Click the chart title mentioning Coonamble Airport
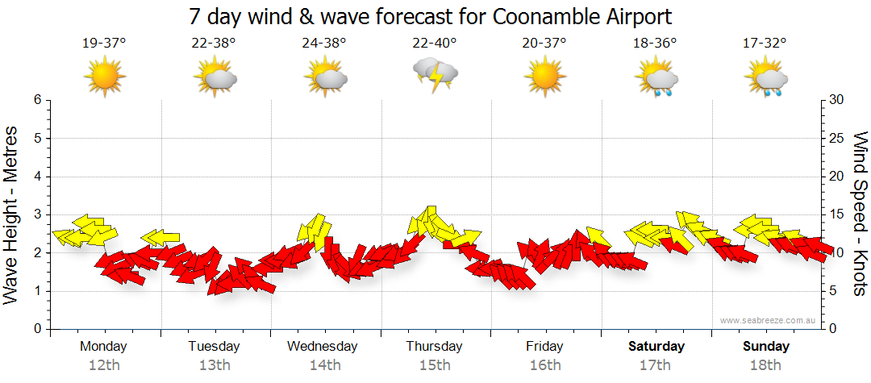(x=430, y=16)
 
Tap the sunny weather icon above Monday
(x=105, y=77)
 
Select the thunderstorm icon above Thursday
(x=435, y=76)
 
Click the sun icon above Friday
(x=544, y=77)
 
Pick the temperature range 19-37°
(x=104, y=44)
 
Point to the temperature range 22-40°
(x=435, y=44)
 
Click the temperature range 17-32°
(x=765, y=44)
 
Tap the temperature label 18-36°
(x=655, y=44)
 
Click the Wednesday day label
(x=323, y=346)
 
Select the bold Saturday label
(x=656, y=346)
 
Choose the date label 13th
(x=214, y=364)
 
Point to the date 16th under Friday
(x=545, y=364)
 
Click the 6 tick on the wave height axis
(x=37, y=100)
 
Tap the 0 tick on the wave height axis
(x=37, y=329)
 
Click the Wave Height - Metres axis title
(x=12, y=214)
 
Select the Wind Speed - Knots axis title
(x=859, y=214)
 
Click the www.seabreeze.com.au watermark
(x=769, y=320)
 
